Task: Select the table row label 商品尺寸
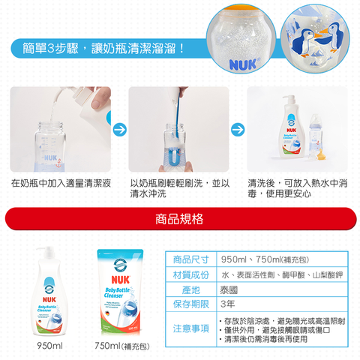(190, 259)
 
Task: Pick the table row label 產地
(190, 289)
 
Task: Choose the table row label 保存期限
(190, 304)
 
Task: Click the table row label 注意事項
(190, 328)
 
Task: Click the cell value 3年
(226, 304)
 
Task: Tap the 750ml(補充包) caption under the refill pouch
(122, 345)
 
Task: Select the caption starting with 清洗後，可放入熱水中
(296, 188)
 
